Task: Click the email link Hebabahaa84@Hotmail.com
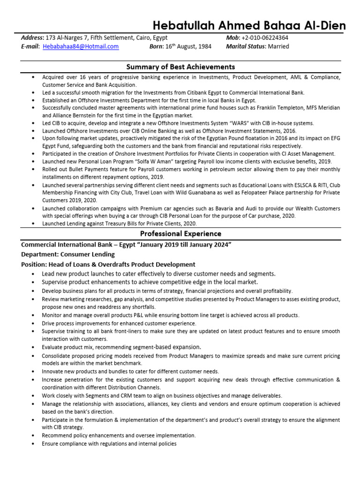(x=81, y=46)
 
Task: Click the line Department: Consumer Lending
(x=68, y=254)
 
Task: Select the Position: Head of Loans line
(x=108, y=264)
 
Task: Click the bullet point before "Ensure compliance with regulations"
(x=33, y=444)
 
